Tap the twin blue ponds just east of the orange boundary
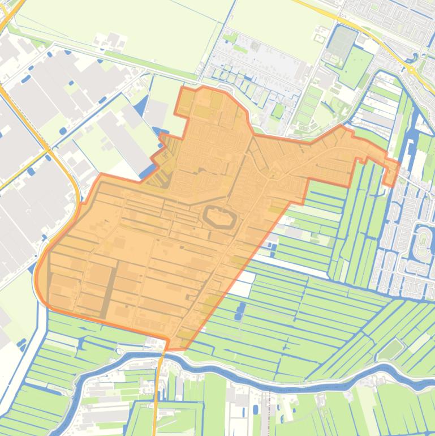(x=241, y=310)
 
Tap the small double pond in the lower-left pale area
(x=22, y=343)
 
